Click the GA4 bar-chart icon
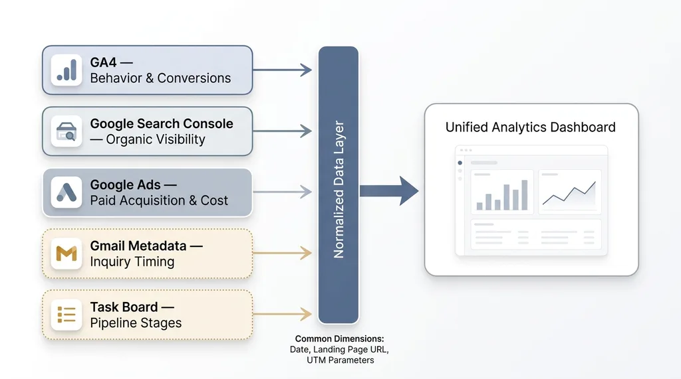[x=67, y=70]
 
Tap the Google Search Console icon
[x=67, y=131]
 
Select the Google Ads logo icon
[x=67, y=192]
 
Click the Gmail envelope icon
[x=67, y=254]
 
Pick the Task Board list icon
[x=67, y=315]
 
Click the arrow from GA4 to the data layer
[x=283, y=70]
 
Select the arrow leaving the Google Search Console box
[x=283, y=131]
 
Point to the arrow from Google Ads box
[x=283, y=192]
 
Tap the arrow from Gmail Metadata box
[x=283, y=254]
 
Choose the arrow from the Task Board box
[x=283, y=315]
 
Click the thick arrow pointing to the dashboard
[x=389, y=191]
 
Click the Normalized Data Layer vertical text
[x=339, y=189]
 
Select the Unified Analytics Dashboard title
[x=531, y=127]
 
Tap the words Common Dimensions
[x=340, y=339]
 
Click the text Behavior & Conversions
[x=160, y=78]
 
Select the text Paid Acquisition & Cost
[x=159, y=200]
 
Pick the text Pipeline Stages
[x=136, y=323]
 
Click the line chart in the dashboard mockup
[x=569, y=192]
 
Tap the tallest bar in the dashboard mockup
[x=525, y=195]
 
